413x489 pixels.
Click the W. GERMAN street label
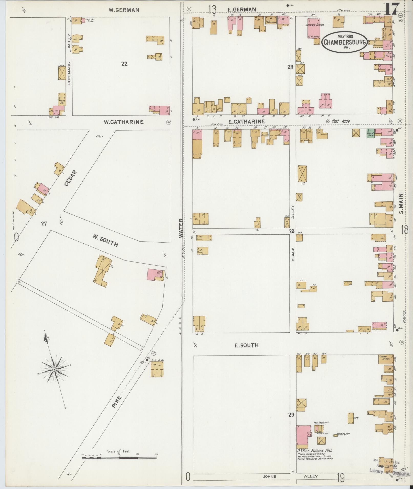tap(124, 10)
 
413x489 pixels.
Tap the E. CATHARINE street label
tap(246, 122)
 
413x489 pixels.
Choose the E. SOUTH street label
tap(246, 345)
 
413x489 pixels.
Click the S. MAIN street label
tap(401, 203)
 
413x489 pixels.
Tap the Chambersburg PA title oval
tap(344, 42)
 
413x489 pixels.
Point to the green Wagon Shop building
tap(370, 133)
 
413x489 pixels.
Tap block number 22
tap(124, 64)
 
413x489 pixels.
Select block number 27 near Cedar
tap(44, 224)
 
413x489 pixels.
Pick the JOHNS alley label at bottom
tap(269, 476)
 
